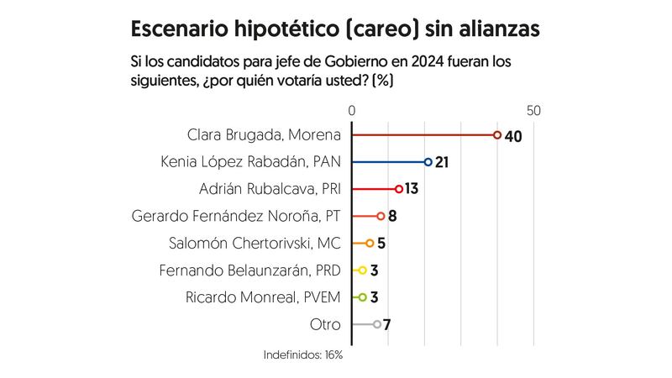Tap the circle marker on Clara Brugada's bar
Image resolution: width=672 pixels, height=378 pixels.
pos(497,134)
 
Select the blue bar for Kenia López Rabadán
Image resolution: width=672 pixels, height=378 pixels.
pos(390,161)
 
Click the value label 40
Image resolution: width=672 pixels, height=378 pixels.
pos(514,135)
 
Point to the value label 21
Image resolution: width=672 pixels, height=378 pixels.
pos(443,162)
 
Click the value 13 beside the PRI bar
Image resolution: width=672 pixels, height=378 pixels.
pos(412,189)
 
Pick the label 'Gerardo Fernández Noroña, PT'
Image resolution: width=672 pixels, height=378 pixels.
pos(236,216)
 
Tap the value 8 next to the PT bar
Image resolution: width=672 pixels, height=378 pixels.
pos(391,216)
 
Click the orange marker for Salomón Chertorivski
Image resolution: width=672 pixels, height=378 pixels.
pos(370,244)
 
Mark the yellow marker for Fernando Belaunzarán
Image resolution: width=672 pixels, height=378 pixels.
pos(362,270)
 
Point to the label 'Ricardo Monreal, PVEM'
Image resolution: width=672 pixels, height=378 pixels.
pos(263,297)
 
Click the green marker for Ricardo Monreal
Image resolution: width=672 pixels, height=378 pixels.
pos(362,297)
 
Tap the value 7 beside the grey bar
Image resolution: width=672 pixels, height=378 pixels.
pos(386,324)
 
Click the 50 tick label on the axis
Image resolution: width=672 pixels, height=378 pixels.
pos(533,111)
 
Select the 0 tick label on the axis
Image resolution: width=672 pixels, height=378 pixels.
pos(352,111)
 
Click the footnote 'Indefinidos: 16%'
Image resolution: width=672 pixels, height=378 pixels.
pos(303,355)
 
